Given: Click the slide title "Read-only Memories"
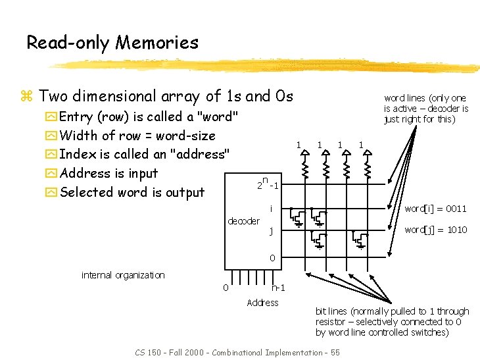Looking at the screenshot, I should point(112,43).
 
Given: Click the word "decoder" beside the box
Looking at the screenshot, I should point(243,221).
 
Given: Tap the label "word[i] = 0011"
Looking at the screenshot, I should point(435,209).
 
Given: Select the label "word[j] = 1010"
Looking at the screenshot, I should point(435,230).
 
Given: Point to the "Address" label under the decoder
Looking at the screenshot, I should point(262,303).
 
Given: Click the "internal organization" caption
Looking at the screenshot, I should point(123,274).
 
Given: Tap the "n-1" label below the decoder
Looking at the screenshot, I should point(277,288).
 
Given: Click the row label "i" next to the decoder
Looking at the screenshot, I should point(271,209).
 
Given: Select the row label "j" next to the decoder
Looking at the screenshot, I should point(271,231).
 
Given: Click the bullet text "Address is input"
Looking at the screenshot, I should point(108,174).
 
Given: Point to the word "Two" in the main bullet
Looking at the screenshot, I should point(55,97).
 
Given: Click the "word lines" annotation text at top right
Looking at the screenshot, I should point(425,109).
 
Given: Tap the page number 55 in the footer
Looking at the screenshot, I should point(335,353).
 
